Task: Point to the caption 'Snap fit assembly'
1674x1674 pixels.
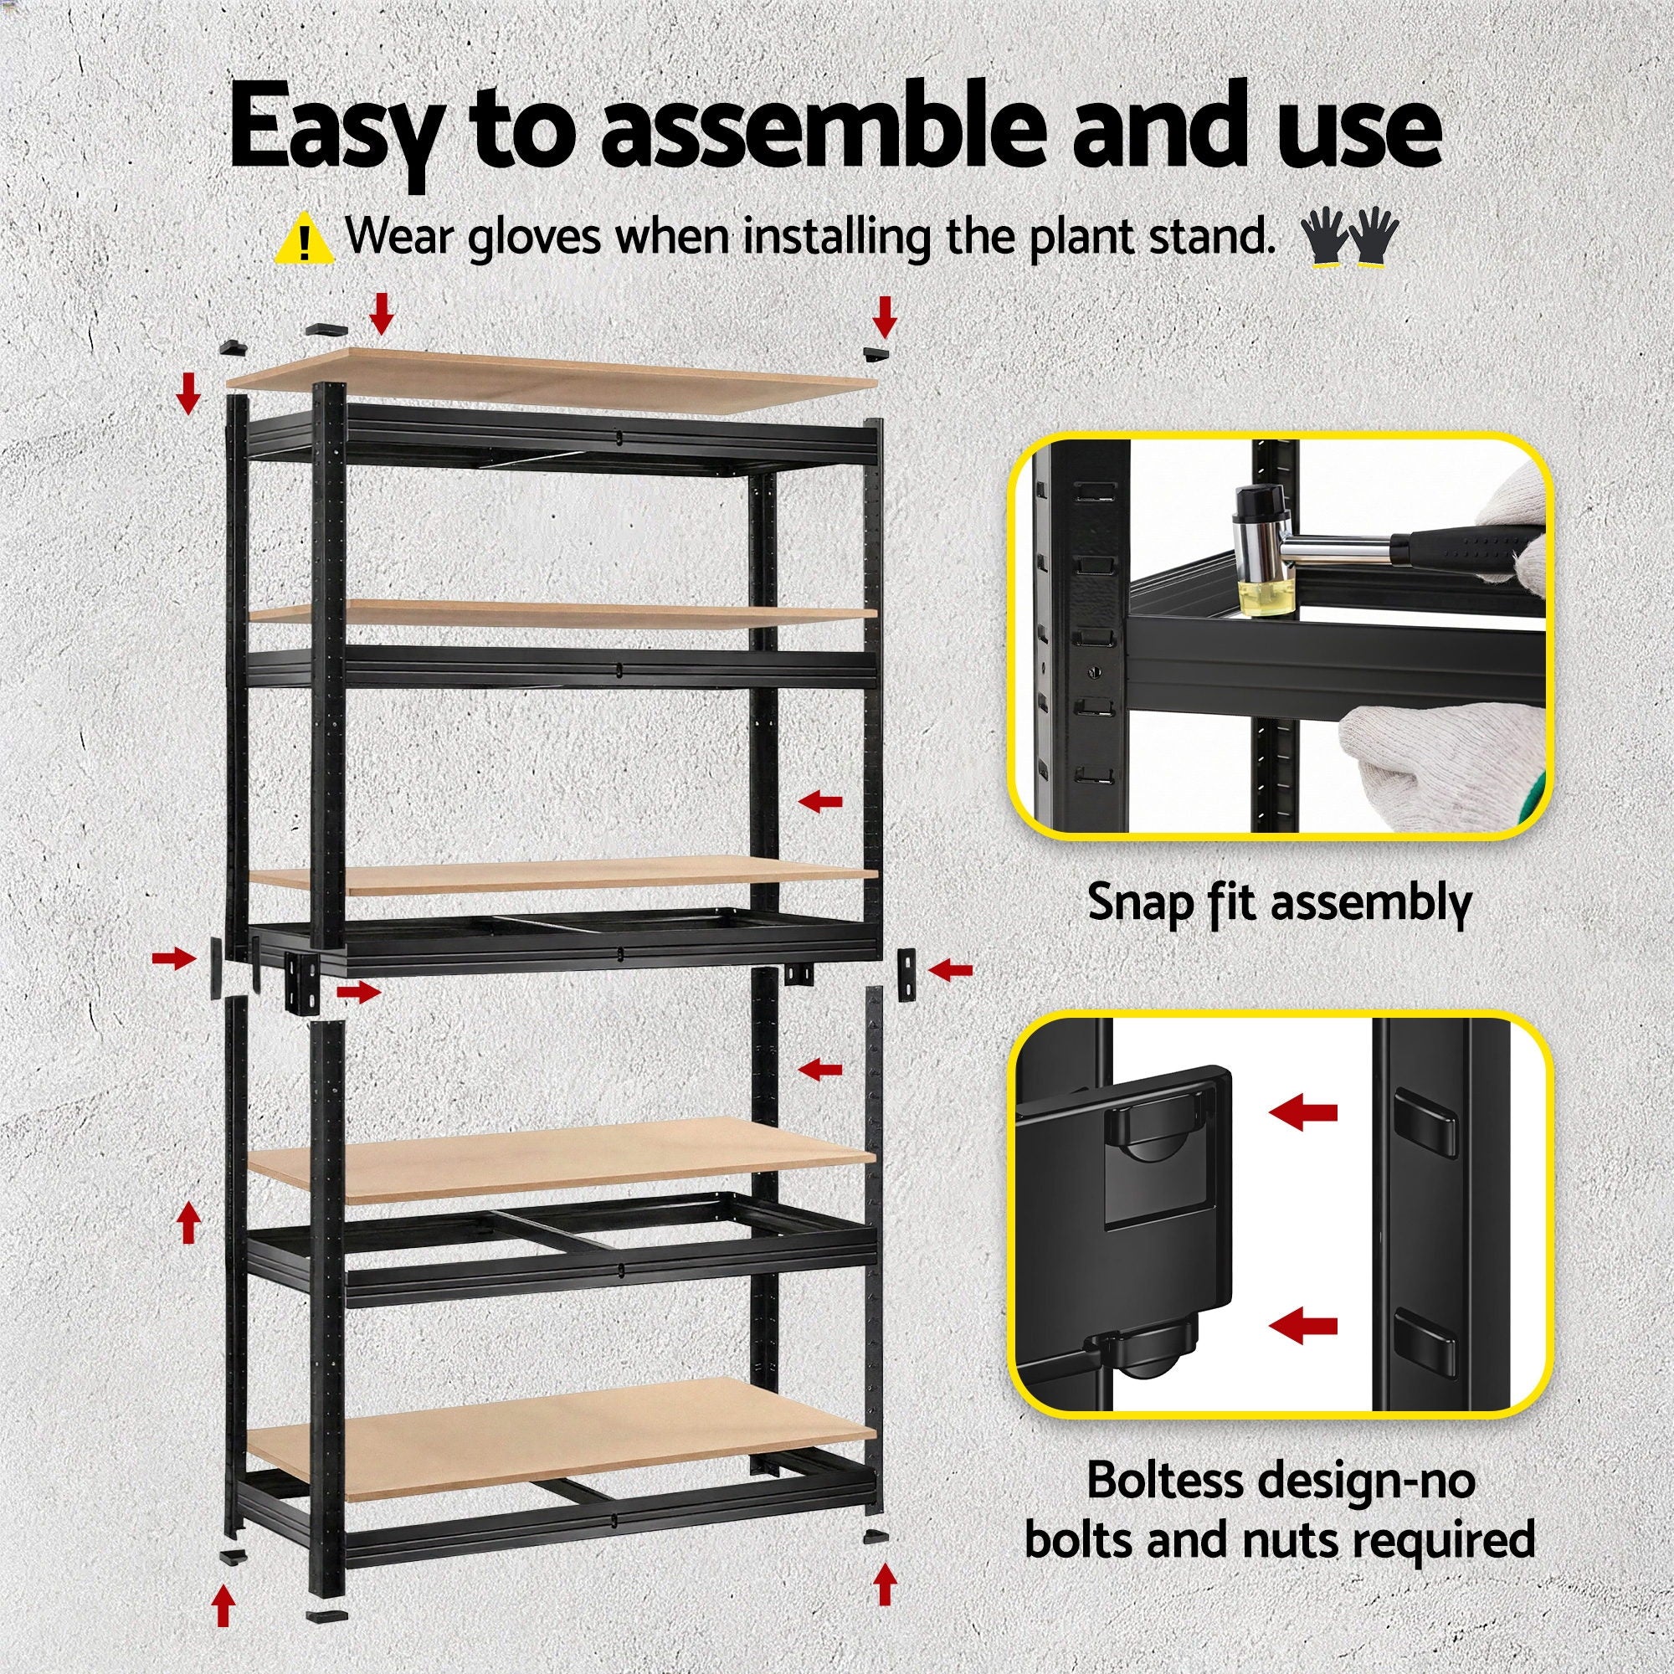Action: pyautogui.click(x=1279, y=904)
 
